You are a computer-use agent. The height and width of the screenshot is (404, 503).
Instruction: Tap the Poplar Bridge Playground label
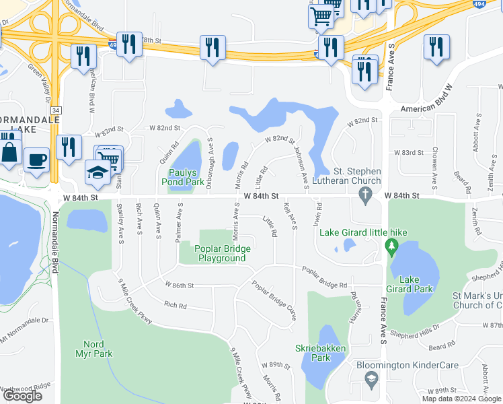[x=223, y=254]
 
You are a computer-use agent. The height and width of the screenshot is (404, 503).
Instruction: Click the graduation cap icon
[x=98, y=172]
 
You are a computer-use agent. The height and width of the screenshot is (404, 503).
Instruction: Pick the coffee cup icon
[x=36, y=160]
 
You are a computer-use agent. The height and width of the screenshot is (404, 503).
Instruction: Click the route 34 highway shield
[x=56, y=110]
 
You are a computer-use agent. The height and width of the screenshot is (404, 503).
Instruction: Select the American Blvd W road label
[x=428, y=108]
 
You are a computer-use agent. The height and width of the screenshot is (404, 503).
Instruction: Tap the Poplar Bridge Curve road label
[x=274, y=300]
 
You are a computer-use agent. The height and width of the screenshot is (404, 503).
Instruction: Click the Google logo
[x=22, y=396]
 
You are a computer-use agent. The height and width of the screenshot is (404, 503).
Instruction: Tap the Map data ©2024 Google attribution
[x=461, y=399]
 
